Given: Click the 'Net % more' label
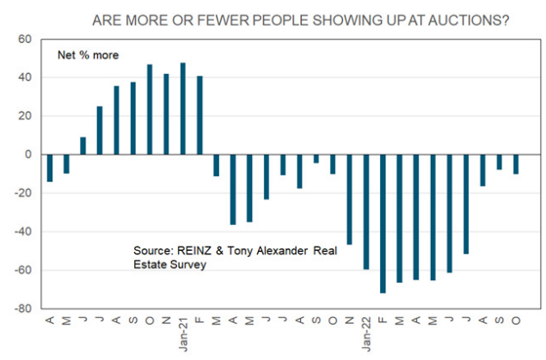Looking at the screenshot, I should [x=88, y=55].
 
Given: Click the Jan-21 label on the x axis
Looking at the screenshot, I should [x=183, y=330].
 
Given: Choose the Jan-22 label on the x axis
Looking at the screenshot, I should [x=366, y=330].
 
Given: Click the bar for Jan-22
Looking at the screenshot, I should [x=366, y=211].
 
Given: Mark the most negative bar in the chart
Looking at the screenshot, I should [x=383, y=223].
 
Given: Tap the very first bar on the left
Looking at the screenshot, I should [x=50, y=168].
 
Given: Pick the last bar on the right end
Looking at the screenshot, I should [x=516, y=164].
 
